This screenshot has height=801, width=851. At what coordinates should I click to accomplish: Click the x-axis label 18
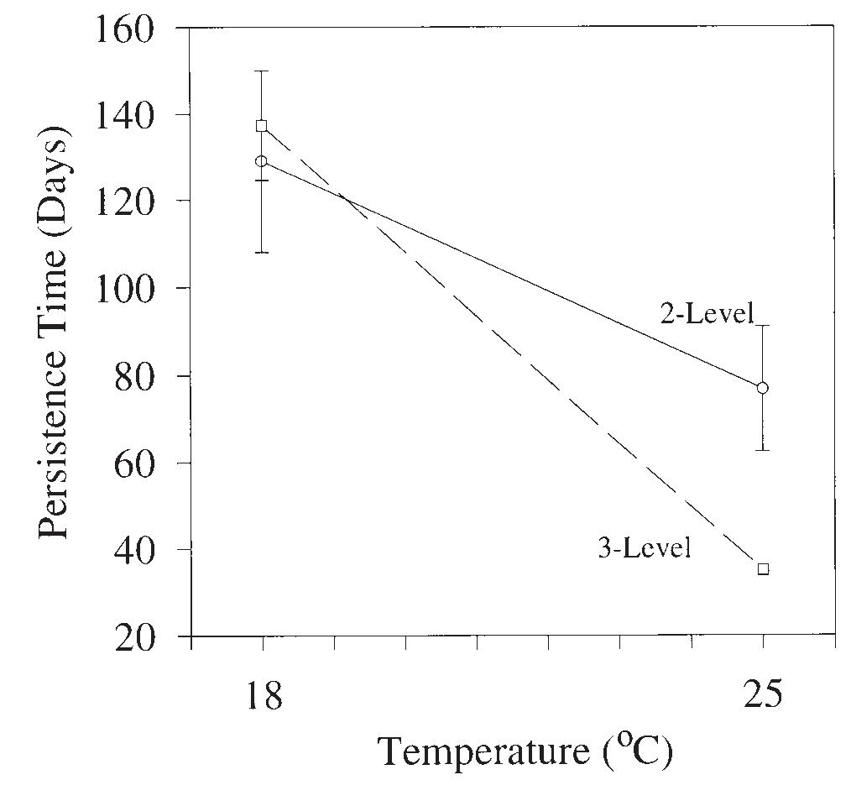263,696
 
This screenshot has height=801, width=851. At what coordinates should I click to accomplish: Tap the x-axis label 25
762,696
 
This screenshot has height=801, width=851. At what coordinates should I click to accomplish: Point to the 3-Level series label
645,550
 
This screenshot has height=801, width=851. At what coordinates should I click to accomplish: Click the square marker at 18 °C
262,126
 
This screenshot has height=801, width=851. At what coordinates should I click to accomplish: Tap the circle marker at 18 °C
262,161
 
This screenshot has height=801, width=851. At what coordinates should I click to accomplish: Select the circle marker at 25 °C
762,388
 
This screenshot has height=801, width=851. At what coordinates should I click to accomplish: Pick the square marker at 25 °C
763,569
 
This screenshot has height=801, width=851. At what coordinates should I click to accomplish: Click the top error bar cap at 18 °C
262,71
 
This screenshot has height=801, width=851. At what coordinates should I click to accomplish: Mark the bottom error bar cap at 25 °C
762,451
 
